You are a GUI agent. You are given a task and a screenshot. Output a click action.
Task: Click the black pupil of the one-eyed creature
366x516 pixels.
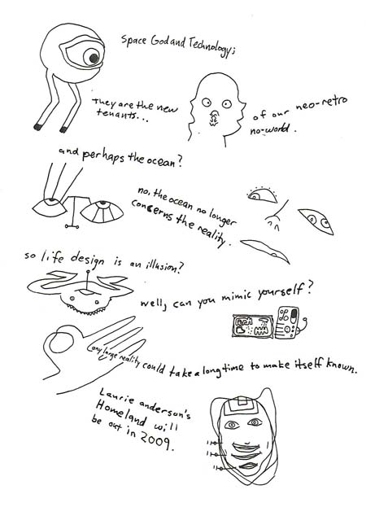94,59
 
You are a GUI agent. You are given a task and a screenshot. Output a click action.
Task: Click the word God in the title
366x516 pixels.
159,42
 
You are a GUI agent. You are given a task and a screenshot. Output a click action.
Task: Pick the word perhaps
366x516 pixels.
102,156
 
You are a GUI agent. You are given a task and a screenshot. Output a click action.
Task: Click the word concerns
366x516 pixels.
152,210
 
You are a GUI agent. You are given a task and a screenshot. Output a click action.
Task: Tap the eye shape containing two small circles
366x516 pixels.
316,221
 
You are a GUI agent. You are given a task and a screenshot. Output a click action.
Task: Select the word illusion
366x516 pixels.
163,268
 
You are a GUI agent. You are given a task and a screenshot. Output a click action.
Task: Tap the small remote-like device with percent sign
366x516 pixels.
287,323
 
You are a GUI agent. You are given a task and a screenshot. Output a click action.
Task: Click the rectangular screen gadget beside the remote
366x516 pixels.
253,326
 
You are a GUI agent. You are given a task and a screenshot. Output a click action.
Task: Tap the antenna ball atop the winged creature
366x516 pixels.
88,272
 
